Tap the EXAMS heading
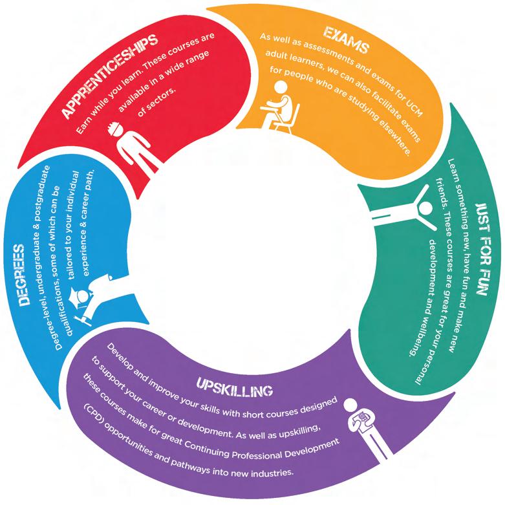[339, 39]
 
